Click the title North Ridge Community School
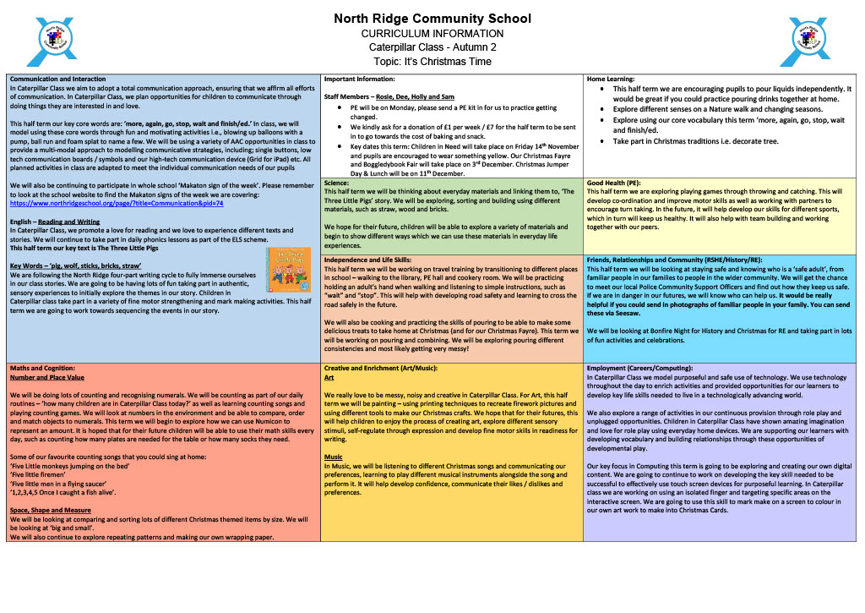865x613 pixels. pyautogui.click(x=432, y=19)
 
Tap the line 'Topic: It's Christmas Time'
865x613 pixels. pyautogui.click(x=432, y=61)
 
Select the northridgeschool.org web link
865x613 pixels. pyautogui.click(x=117, y=203)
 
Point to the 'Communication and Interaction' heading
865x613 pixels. pyautogui.click(x=63, y=79)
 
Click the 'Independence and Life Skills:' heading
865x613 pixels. pyautogui.click(x=367, y=260)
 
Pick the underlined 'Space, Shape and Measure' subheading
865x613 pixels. pyautogui.click(x=51, y=511)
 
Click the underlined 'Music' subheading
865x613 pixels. pyautogui.click(x=333, y=457)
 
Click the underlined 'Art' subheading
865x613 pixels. pyautogui.click(x=329, y=377)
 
